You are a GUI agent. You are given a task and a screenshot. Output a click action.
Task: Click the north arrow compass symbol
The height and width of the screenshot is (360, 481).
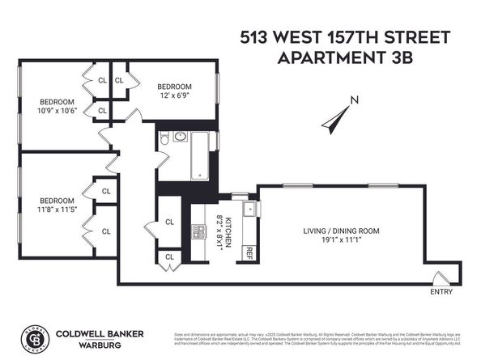(334, 119)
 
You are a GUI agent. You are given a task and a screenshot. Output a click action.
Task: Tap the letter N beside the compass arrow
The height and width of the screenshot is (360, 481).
(353, 101)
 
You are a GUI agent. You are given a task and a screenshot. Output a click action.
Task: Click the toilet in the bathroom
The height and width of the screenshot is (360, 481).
(164, 140)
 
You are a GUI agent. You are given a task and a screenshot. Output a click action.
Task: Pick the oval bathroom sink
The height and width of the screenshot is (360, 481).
(180, 137)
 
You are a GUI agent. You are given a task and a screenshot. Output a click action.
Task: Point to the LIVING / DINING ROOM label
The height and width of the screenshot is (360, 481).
(341, 231)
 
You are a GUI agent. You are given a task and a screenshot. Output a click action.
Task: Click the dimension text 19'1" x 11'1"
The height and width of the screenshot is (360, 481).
(341, 240)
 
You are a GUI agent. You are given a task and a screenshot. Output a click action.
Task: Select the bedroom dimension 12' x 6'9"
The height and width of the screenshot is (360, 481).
(175, 96)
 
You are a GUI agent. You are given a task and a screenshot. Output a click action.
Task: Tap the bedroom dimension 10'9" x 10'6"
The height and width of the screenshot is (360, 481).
(57, 112)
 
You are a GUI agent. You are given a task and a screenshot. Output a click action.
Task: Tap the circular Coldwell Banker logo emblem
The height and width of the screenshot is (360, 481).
(32, 337)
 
